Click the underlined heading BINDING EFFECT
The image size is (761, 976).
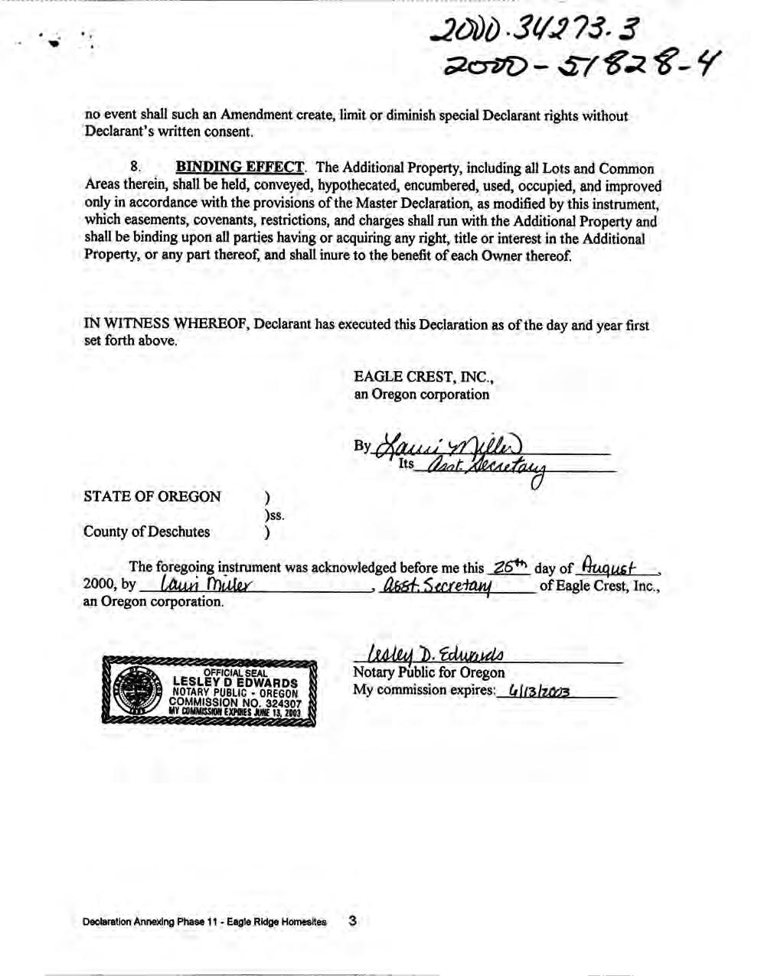pyautogui.click(x=240, y=168)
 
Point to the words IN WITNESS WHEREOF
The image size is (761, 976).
pyautogui.click(x=165, y=324)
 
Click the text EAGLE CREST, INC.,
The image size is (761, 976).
pyautogui.click(x=423, y=376)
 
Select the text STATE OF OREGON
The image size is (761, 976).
pyautogui.click(x=152, y=496)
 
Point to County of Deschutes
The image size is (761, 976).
pyautogui.click(x=146, y=532)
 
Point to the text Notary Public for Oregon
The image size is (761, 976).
pyautogui.click(x=428, y=673)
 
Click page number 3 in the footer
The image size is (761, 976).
pyautogui.click(x=352, y=921)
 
